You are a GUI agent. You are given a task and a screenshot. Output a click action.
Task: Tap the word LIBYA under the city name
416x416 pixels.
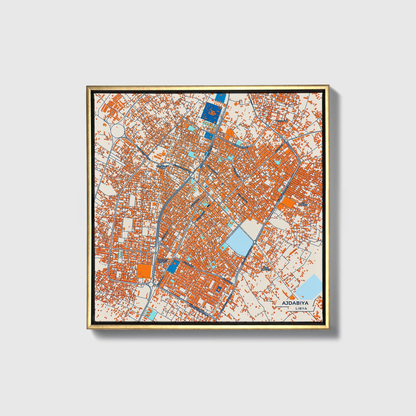point(301,308)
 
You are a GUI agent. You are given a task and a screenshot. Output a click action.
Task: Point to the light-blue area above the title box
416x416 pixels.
point(309,287)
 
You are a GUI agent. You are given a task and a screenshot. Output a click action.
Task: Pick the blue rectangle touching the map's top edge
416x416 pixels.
point(220,96)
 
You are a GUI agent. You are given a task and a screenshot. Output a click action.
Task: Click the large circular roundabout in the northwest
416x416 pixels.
point(117,131)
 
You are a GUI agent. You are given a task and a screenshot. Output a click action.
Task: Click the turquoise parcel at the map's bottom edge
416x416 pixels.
point(151,314)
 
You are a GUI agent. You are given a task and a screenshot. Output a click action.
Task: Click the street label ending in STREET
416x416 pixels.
point(241,147)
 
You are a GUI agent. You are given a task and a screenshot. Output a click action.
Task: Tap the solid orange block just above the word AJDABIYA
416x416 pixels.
point(292,297)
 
